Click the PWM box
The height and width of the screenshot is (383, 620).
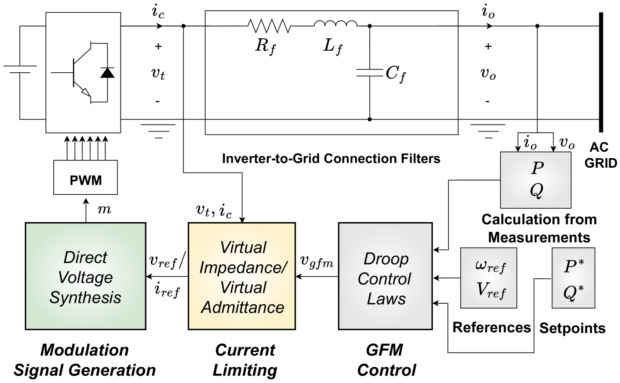tap(85, 177)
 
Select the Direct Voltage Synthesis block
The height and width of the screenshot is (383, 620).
tap(85, 276)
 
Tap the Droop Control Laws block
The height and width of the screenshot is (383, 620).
tap(385, 276)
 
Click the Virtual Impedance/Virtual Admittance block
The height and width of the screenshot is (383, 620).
tap(242, 276)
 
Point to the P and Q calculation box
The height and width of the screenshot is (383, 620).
tap(536, 180)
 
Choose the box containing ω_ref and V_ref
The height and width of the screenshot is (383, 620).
tap(489, 278)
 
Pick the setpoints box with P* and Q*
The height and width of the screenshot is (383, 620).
tap(573, 278)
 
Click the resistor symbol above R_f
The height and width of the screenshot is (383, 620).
tap(269, 26)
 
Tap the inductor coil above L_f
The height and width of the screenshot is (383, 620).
tap(335, 23)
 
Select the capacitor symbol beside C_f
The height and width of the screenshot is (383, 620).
tap(370, 72)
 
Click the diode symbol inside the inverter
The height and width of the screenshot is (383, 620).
tap(107, 72)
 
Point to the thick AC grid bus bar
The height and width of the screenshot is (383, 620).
tap(601, 72)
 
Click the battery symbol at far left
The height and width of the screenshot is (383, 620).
tap(20, 69)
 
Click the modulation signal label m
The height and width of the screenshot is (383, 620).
tap(104, 210)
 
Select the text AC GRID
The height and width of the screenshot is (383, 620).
tap(601, 155)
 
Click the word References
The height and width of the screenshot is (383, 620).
tap(492, 328)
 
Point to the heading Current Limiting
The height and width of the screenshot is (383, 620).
tap(245, 360)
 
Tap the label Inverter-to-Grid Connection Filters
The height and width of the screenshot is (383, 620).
tap(331, 159)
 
